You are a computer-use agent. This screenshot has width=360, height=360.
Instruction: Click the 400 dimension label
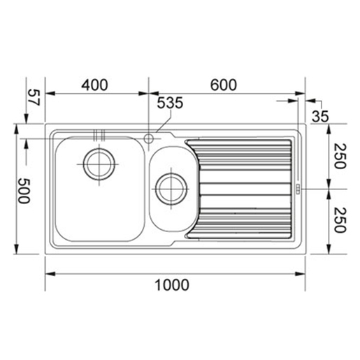pyautogui.click(x=94, y=85)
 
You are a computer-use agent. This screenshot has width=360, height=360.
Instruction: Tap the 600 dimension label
pyautogui.click(x=224, y=85)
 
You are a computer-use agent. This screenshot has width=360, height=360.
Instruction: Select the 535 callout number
pyautogui.click(x=170, y=103)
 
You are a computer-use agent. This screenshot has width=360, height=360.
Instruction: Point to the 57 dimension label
pyautogui.click(x=34, y=97)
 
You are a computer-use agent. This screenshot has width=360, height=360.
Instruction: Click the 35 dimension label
pyautogui.click(x=320, y=116)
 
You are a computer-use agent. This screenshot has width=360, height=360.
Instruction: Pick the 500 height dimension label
pyautogui.click(x=24, y=191)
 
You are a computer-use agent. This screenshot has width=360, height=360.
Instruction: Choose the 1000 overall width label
pyautogui.click(x=172, y=285)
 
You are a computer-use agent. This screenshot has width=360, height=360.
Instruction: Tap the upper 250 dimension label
pyautogui.click(x=340, y=156)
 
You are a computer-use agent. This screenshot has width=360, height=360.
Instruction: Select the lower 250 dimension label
pyautogui.click(x=340, y=220)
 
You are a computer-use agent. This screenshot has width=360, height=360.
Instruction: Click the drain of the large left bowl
pyautogui.click(x=99, y=164)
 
